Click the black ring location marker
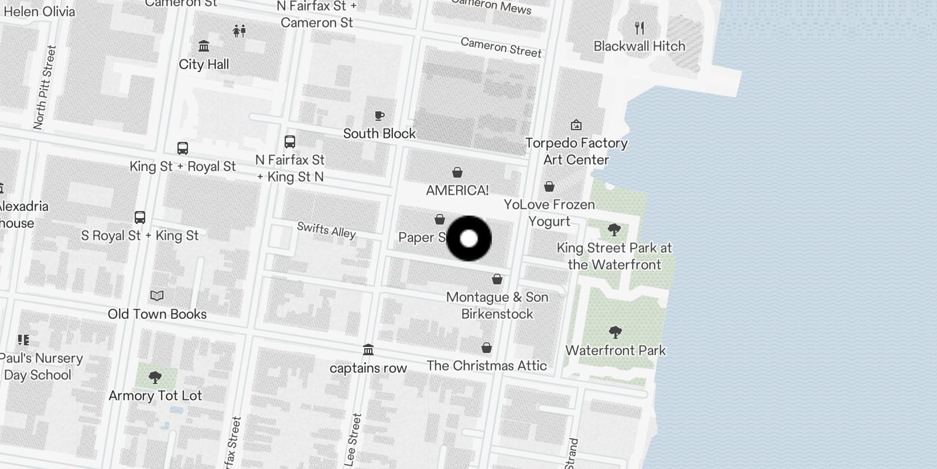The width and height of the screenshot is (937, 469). click(468, 239)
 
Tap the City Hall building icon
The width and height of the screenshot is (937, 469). click(204, 46)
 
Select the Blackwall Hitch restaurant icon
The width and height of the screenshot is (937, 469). click(640, 28)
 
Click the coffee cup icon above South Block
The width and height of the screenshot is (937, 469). click(379, 115)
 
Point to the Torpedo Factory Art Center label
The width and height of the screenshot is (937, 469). click(576, 151)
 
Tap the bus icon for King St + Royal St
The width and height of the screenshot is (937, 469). click(183, 148)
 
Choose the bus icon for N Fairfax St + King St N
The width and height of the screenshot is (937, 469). click(290, 141)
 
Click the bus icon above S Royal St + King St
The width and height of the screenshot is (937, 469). click(140, 217)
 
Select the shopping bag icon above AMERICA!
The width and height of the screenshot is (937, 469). click(457, 172)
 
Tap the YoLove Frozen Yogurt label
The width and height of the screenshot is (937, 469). click(549, 212)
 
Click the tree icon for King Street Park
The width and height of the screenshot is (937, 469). click(614, 230)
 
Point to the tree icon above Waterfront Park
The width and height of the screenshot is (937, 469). click(615, 332)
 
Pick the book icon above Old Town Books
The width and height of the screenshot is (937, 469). click(157, 295)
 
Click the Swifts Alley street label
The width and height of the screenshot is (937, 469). click(326, 230)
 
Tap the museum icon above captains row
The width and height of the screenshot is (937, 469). click(368, 350)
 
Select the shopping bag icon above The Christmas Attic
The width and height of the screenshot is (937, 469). click(487, 348)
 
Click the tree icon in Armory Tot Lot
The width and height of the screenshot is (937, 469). click(155, 377)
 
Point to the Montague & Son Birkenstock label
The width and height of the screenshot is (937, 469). click(497, 305)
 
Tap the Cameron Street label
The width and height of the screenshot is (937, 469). click(501, 47)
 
